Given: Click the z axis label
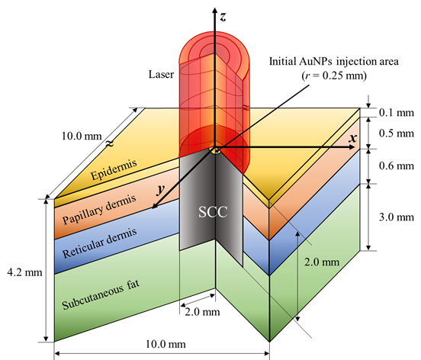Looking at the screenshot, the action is pos(222,17).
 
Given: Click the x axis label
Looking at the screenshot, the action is pos(353,138).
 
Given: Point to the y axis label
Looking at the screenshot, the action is pos(161,189).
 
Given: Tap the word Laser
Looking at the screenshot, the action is pos(161,74).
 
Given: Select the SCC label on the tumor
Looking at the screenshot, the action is pos(213,212).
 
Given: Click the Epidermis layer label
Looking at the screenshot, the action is pos(114,169).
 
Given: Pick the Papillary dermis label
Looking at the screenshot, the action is pos(99,210).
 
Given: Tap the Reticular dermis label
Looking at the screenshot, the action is pos(100,243).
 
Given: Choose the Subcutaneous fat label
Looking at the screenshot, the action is pos(101,294).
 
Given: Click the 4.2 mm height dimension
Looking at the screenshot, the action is pos(24,272).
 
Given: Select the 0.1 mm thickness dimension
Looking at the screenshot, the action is pos(397,112).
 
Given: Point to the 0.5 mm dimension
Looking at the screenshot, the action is pos(397,133).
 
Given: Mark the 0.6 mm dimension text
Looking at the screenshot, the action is pos(397,166).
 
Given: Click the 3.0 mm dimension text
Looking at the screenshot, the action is pos(397,217).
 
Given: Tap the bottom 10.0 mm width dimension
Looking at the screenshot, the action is pos(166,344).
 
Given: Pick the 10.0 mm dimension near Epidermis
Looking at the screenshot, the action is pos(82,136).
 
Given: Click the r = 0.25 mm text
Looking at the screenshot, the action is pos(334,76).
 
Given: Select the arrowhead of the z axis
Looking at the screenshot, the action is pos(214,11).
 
